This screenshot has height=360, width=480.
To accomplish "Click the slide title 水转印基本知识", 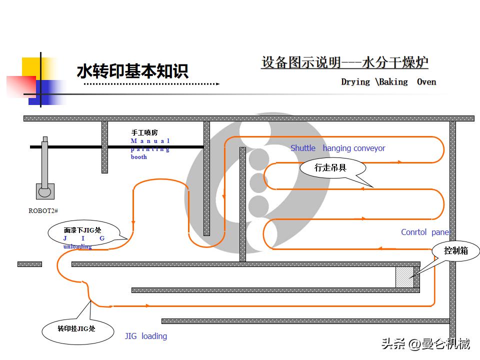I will [132, 71].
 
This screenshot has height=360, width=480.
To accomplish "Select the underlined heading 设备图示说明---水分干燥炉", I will [345, 62].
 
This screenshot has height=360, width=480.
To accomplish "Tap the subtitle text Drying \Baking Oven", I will [388, 81].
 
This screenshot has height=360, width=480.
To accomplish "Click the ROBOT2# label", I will [43, 210].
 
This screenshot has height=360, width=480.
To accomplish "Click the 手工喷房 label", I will [144, 132].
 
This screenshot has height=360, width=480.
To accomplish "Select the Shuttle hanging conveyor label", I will [337, 148].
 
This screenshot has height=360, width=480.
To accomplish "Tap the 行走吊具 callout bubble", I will [330, 168].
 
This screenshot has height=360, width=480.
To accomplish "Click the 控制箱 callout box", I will [456, 250].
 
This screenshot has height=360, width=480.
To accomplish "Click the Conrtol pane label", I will [424, 232].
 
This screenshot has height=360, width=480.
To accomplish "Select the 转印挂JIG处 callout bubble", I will [76, 328].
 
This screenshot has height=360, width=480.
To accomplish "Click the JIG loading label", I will [145, 336].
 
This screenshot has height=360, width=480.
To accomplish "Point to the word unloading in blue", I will [77, 246].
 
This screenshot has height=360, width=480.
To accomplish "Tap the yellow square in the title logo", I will [31, 66].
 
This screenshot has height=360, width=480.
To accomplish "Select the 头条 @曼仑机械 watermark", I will [425, 344].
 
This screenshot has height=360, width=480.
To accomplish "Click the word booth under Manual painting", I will [139, 157].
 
